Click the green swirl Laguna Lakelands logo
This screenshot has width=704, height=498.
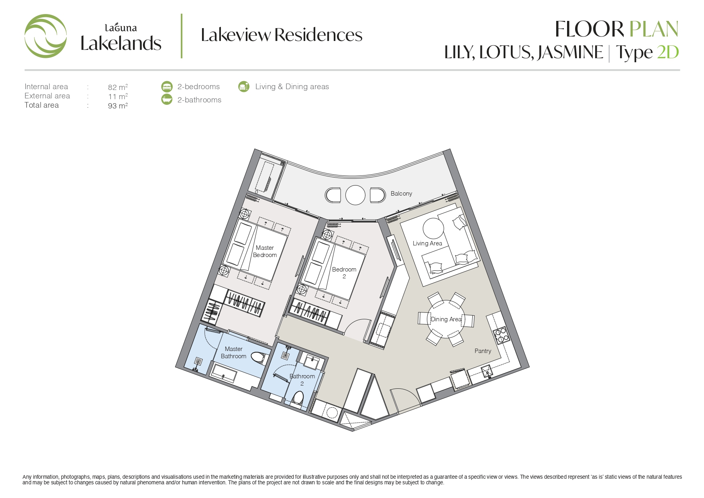tap(45, 36)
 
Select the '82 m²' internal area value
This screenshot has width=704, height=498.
tap(118, 87)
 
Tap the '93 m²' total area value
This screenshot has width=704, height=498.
tap(118, 106)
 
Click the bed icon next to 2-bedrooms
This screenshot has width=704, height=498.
tap(167, 86)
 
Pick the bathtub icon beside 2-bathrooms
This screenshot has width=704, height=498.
tap(167, 99)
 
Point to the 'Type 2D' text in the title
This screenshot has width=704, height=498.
tap(647, 52)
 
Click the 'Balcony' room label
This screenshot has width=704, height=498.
tap(401, 194)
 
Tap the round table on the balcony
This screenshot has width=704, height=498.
tap(355, 195)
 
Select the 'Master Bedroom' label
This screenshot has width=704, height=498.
tap(265, 251)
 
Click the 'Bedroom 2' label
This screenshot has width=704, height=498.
tap(344, 273)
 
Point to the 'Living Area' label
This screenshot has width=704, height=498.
tap(427, 243)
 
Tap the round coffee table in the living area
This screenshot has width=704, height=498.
tap(433, 229)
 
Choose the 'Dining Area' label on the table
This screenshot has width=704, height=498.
tap(446, 319)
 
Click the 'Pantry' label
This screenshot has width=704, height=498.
tap(483, 351)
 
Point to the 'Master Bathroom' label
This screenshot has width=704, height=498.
tap(234, 353)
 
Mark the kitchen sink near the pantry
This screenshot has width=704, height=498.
tap(487, 371)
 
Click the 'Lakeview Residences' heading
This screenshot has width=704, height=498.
tap(282, 35)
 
